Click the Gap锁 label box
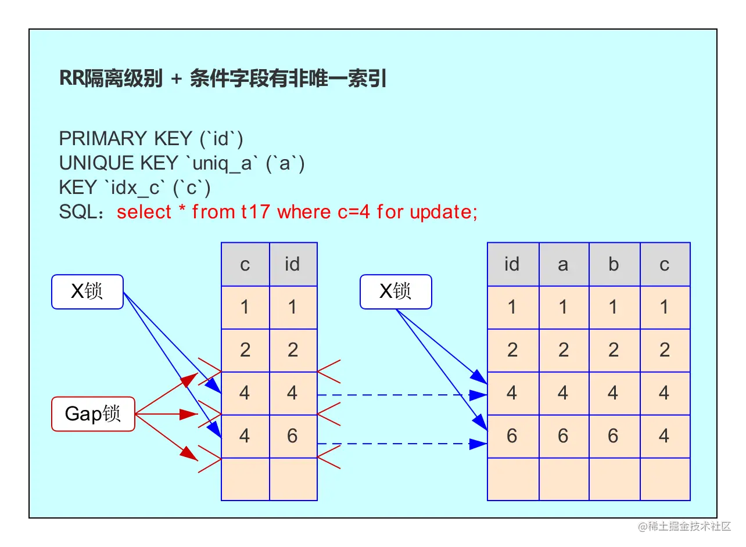(x=93, y=414)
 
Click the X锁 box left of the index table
(x=87, y=292)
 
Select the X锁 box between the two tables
(x=396, y=292)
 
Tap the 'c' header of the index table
(x=245, y=264)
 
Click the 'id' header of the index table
(x=293, y=264)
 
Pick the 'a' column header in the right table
(x=563, y=264)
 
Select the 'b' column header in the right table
(x=614, y=264)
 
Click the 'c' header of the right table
(x=665, y=264)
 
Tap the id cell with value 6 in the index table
(x=293, y=436)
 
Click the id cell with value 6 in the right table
(x=512, y=436)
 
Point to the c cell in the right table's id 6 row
(x=665, y=436)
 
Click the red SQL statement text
(x=297, y=212)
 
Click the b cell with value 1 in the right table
(x=614, y=307)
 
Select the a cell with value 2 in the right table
(x=563, y=350)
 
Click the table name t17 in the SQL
(x=256, y=212)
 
